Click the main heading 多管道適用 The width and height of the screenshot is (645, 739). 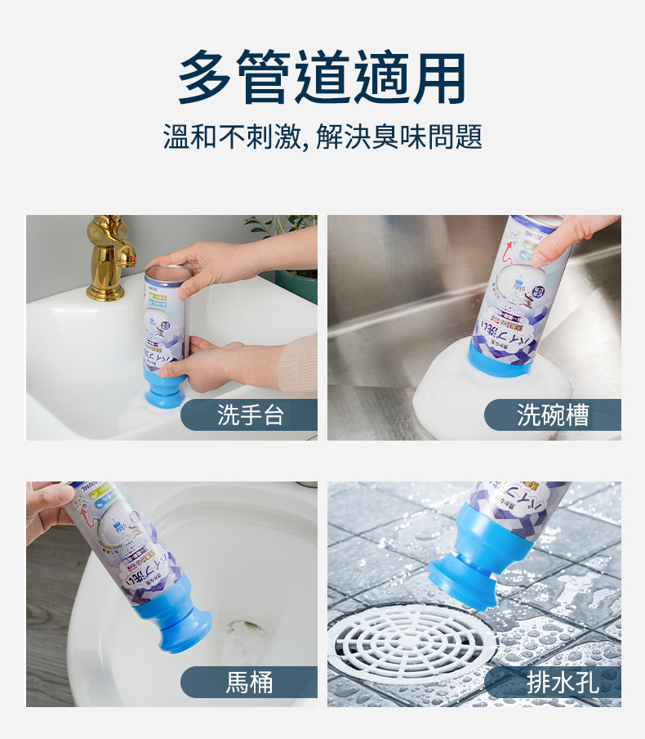(322, 78)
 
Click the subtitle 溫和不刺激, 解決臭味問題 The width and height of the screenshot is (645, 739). (322, 137)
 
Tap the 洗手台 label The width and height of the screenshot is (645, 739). (250, 415)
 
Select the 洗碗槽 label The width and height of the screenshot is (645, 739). (553, 415)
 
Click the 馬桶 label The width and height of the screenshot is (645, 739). (249, 682)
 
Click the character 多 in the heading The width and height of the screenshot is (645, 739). (206, 78)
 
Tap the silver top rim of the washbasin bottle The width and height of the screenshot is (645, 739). (167, 270)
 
